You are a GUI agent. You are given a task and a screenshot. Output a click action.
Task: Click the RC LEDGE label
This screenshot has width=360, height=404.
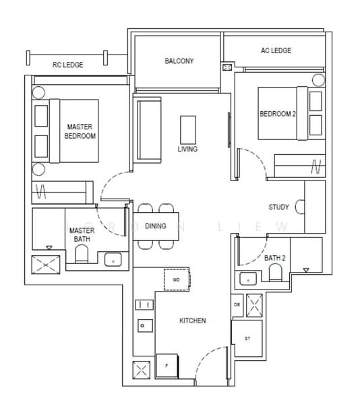tap(67, 65)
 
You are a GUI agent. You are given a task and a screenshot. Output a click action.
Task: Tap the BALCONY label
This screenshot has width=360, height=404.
tap(179, 61)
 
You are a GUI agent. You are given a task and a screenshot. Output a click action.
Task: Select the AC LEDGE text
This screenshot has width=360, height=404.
tap(276, 51)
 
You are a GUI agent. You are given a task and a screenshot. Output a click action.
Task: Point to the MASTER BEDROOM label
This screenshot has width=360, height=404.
tap(80, 131)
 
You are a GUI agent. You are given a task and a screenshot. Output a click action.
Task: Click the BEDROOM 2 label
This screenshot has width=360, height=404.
tap(278, 114)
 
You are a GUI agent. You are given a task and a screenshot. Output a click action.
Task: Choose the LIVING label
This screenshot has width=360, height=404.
tap(187, 149)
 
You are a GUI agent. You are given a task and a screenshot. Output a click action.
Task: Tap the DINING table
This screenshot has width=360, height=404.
tap(155, 226)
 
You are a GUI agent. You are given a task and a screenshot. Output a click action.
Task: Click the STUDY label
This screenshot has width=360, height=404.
tap(279, 207)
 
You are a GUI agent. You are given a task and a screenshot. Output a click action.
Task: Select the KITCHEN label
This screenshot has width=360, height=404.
tap(192, 321)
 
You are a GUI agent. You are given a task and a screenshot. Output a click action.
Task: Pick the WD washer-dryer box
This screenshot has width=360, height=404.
tap(177, 278)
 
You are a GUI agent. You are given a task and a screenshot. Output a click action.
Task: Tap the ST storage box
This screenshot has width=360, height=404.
tap(247, 338)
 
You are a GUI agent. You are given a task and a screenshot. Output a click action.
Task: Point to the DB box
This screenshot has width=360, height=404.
tap(237, 305)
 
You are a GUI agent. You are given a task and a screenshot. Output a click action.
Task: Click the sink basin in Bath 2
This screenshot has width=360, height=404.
tap(247, 278)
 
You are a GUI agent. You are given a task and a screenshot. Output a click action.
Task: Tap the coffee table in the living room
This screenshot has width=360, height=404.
tap(188, 128)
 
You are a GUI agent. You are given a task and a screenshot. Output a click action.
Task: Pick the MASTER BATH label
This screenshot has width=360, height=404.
tap(83, 234)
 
